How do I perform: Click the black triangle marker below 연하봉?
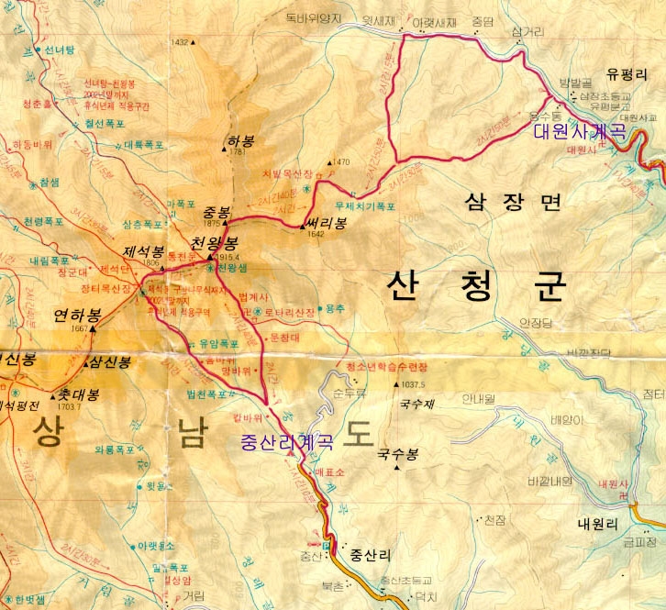point(92,328)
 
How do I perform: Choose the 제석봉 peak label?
point(143,251)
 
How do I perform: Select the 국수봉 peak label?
point(397,454)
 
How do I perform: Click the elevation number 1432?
point(180,42)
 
